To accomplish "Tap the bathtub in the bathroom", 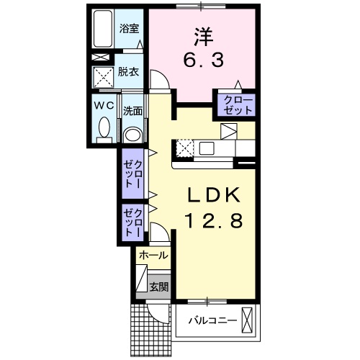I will click(103, 29).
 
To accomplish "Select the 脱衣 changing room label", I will click(130, 73).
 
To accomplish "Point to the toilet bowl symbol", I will click(104, 130).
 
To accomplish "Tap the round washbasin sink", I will click(132, 135).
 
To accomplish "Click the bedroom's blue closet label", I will click(238, 105).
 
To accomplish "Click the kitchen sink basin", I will click(207, 148).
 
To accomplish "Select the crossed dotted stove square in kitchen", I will click(184, 148).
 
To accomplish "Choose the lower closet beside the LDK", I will click(132, 222).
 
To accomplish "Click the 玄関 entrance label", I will click(158, 286).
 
